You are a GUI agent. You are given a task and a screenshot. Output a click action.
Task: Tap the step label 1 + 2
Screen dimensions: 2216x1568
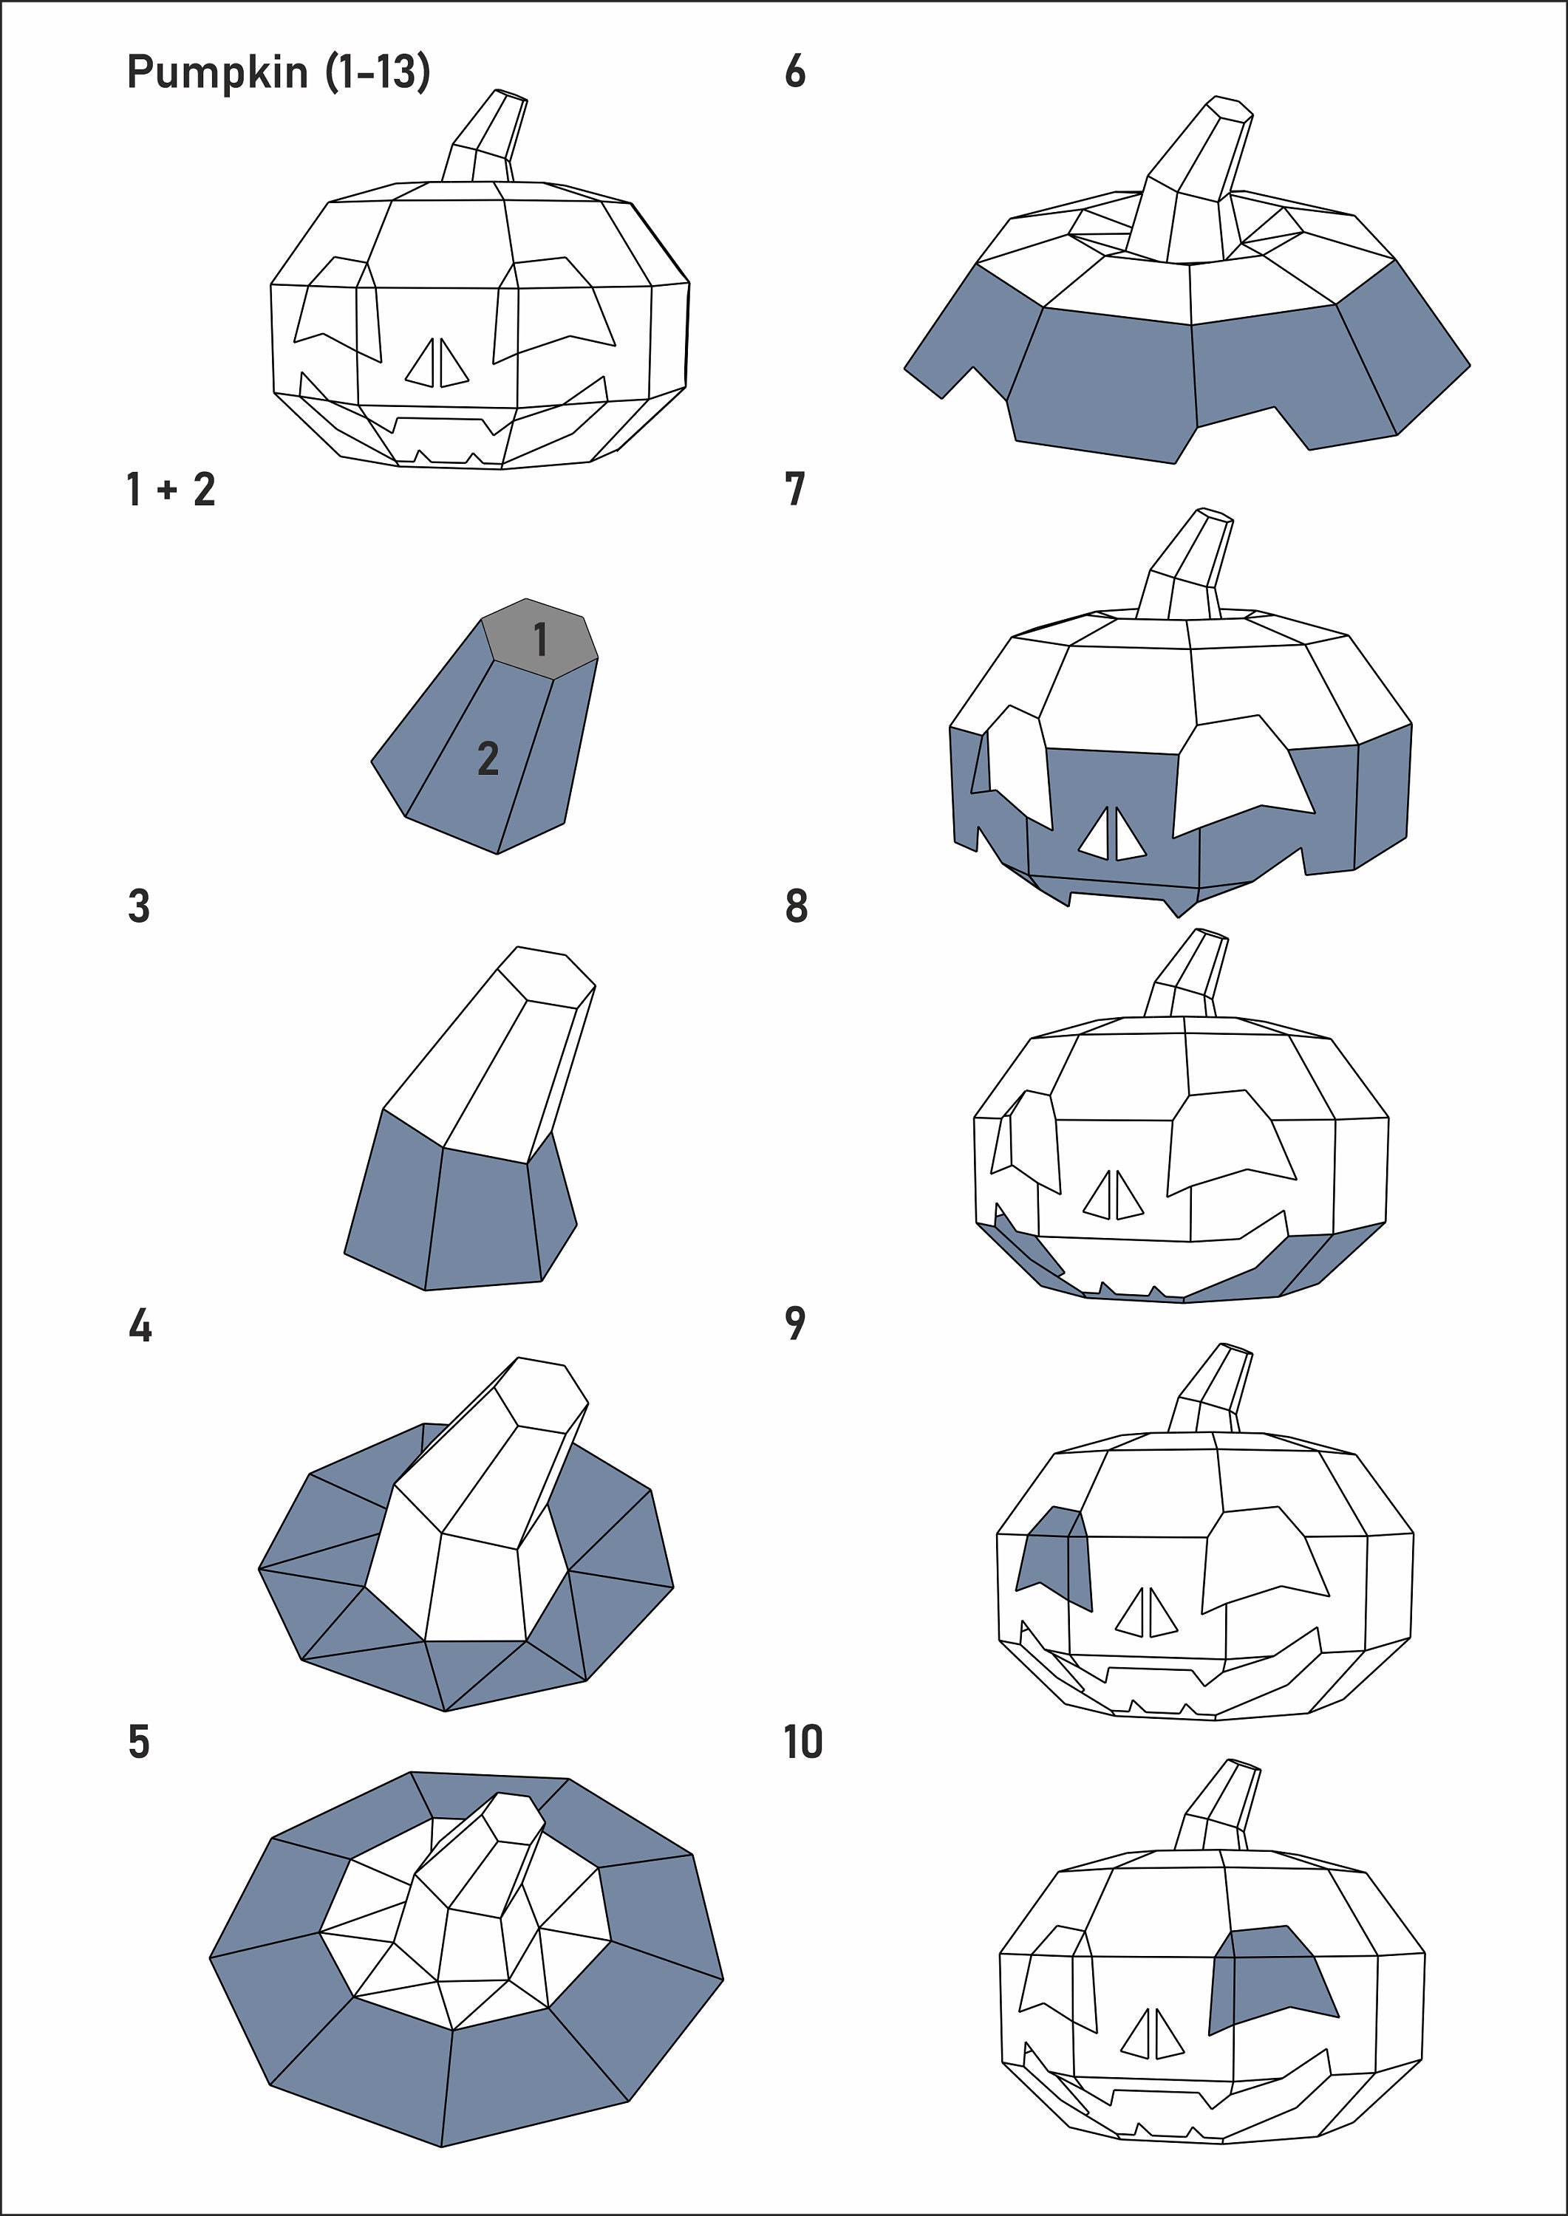click(170, 490)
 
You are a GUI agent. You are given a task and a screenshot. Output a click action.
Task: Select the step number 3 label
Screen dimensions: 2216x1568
click(139, 907)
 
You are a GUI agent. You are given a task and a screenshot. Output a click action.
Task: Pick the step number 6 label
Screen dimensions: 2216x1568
click(794, 72)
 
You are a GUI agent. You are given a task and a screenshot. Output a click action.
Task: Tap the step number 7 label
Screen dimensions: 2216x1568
click(794, 490)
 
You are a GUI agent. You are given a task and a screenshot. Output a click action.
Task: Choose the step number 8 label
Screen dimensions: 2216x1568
click(796, 907)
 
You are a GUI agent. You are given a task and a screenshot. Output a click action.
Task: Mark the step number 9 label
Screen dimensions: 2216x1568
click(794, 1324)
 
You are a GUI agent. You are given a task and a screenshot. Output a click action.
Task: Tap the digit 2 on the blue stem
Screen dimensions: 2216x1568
click(488, 759)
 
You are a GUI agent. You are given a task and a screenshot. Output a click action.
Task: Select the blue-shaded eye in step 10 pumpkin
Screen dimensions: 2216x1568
click(1269, 1976)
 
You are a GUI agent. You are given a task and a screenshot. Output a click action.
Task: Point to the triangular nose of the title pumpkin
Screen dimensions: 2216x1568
click(437, 365)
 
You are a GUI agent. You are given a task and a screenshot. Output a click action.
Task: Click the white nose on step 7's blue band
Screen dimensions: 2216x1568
click(1111, 835)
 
